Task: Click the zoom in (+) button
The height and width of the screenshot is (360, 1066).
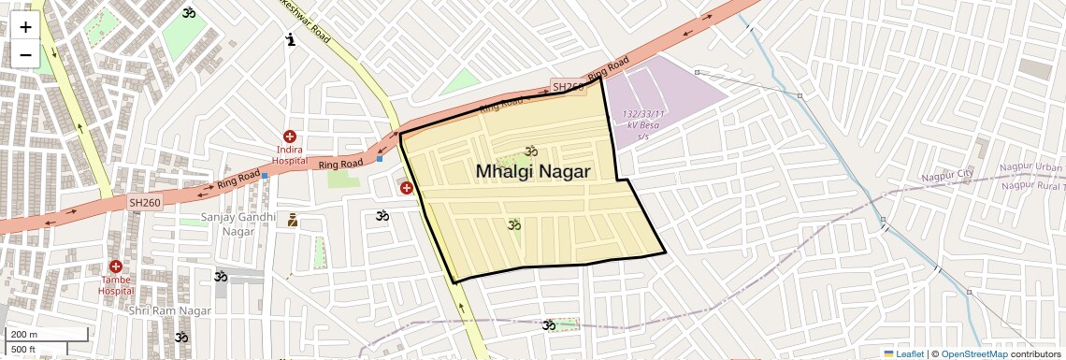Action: pyautogui.click(x=25, y=26)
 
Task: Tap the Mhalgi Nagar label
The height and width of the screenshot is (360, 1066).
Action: pyautogui.click(x=533, y=172)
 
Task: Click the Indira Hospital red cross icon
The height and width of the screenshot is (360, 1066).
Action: pyautogui.click(x=290, y=137)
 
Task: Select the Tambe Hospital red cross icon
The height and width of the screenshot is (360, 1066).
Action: pyautogui.click(x=116, y=266)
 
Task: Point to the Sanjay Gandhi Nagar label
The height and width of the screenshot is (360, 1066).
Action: pyautogui.click(x=239, y=224)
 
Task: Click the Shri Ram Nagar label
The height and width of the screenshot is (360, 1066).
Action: pyautogui.click(x=166, y=310)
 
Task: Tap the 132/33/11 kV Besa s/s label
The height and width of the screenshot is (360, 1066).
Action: pyautogui.click(x=642, y=125)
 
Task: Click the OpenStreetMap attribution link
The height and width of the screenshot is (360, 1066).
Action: pyautogui.click(x=973, y=353)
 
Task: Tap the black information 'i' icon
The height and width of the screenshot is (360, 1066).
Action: pyautogui.click(x=291, y=39)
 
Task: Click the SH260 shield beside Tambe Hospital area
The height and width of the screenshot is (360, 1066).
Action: pyautogui.click(x=145, y=202)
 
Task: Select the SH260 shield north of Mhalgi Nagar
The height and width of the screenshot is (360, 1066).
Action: pyautogui.click(x=568, y=87)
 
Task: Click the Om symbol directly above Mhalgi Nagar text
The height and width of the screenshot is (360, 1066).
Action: pyautogui.click(x=532, y=151)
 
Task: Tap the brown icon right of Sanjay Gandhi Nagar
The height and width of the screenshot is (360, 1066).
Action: pyautogui.click(x=293, y=221)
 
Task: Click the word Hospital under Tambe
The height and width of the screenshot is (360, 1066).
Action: pyautogui.click(x=116, y=291)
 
